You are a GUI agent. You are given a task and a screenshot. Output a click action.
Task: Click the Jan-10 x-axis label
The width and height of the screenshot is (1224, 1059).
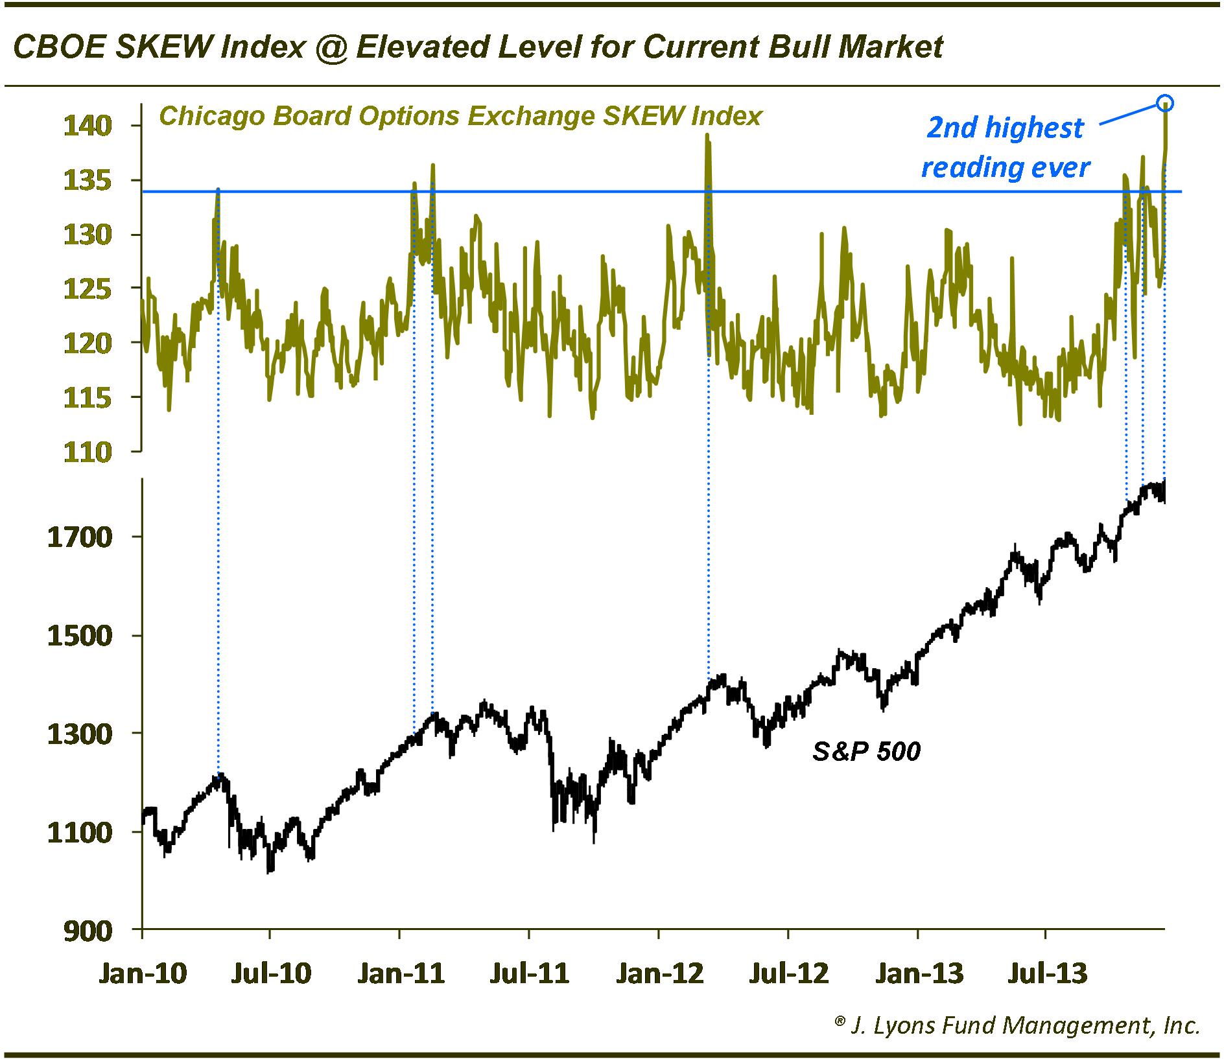pyautogui.click(x=142, y=973)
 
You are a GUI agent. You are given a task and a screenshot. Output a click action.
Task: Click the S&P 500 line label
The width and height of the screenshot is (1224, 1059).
pyautogui.click(x=866, y=751)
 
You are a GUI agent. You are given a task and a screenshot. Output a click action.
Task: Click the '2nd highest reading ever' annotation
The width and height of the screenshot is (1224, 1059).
pyautogui.click(x=1005, y=148)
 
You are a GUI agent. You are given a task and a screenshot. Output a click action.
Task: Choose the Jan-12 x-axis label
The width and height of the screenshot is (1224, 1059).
pyautogui.click(x=659, y=973)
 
